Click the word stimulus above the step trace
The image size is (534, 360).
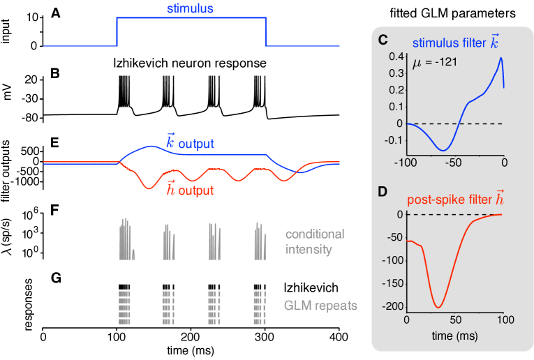[190, 10]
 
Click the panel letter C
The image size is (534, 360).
[383, 40]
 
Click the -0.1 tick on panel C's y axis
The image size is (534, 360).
[393, 140]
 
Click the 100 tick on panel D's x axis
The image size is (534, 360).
[503, 321]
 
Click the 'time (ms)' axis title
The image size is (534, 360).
[454, 336]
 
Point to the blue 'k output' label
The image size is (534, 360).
[189, 143]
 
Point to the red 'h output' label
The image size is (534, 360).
[189, 188]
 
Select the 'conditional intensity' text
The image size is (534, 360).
[315, 241]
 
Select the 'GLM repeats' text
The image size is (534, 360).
[320, 305]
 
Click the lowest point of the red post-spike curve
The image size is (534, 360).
[438, 307]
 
